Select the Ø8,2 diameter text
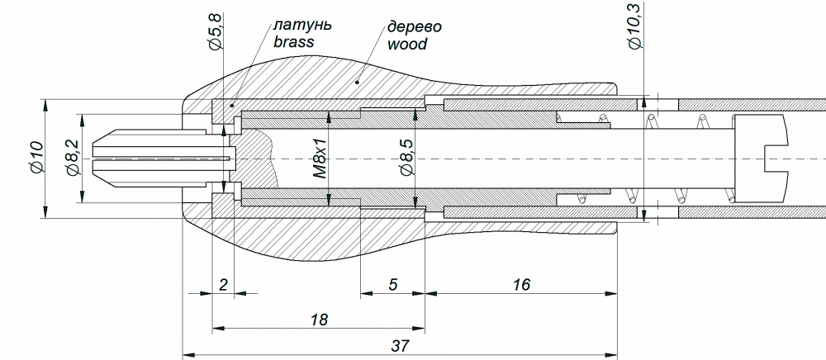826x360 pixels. pyautogui.click(x=72, y=158)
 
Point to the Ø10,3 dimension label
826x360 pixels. pyautogui.click(x=636, y=26)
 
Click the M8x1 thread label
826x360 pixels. pyautogui.click(x=320, y=159)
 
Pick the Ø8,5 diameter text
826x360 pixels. pyautogui.click(x=406, y=158)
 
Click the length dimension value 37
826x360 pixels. pyautogui.click(x=401, y=346)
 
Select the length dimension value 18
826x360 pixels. pyautogui.click(x=319, y=319)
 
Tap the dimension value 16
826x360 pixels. pyautogui.click(x=521, y=284)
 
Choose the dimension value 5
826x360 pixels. pyautogui.click(x=392, y=284)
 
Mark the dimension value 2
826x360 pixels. pyautogui.click(x=223, y=285)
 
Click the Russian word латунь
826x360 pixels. pyautogui.click(x=302, y=26)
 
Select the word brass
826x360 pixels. pyautogui.click(x=293, y=42)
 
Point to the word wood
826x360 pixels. pyautogui.click(x=406, y=44)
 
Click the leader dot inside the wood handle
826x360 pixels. pyautogui.click(x=357, y=82)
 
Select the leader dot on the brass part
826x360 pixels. pyautogui.click(x=232, y=106)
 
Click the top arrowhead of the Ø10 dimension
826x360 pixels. pyautogui.click(x=45, y=105)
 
